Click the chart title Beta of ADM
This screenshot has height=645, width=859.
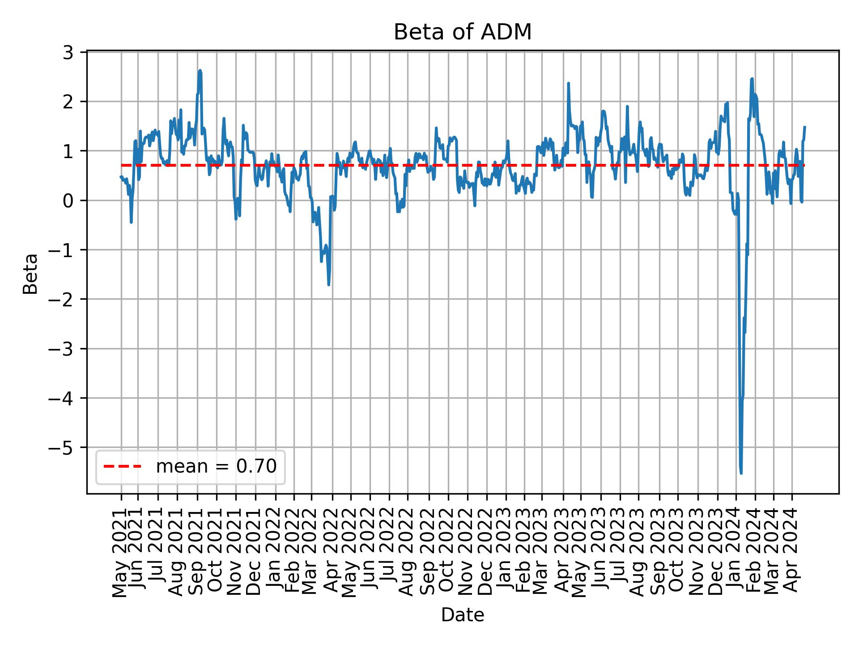tap(462, 32)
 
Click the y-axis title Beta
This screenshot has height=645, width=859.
tap(30, 274)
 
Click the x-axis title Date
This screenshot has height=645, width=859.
tap(462, 615)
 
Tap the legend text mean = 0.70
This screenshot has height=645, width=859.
tap(216, 467)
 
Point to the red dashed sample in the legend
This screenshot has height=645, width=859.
tap(122, 467)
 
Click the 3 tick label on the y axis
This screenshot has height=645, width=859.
tap(68, 52)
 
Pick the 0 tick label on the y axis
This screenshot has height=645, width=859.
tap(68, 200)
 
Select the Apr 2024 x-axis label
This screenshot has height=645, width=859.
tap(792, 550)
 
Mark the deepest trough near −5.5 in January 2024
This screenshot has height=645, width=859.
tap(741, 473)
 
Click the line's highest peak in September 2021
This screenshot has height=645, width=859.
tap(200, 70)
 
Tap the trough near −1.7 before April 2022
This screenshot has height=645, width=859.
tap(329, 284)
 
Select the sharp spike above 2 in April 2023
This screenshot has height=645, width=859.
tap(568, 83)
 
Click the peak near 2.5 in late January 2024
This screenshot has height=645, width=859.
tap(752, 79)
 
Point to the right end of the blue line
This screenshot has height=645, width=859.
tap(804, 127)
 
